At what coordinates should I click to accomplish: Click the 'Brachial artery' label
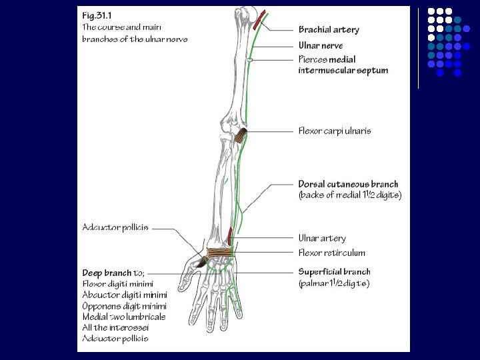point(329,30)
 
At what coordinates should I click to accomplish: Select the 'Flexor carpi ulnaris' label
point(335,131)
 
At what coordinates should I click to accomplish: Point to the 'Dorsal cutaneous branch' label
point(348,184)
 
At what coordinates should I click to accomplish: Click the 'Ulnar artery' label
point(322,238)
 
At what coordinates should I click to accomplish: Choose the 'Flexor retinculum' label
point(331,253)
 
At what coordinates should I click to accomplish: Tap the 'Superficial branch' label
point(334,272)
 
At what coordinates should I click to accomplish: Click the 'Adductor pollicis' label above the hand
point(115,228)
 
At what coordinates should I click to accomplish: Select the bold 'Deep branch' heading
point(107,273)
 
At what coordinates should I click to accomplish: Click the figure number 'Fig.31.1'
point(97,15)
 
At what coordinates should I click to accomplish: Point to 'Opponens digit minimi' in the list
point(124,305)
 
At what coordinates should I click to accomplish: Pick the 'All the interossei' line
point(115,327)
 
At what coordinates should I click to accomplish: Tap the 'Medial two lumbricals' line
point(124,317)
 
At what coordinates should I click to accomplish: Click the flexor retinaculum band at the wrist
point(220,253)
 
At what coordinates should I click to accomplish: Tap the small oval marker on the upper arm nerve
point(249,61)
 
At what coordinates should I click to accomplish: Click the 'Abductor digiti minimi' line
point(125,295)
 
